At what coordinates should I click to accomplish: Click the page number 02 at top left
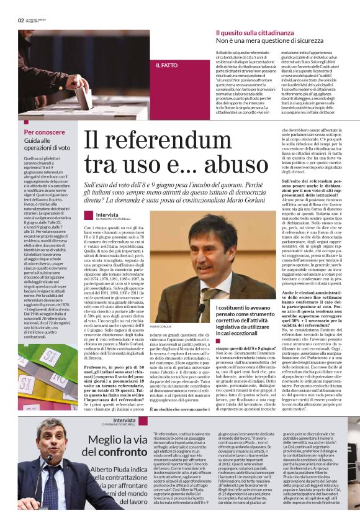pyautogui.click(x=20, y=20)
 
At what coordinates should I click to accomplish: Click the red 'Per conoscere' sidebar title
pyautogui.click(x=44, y=132)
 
